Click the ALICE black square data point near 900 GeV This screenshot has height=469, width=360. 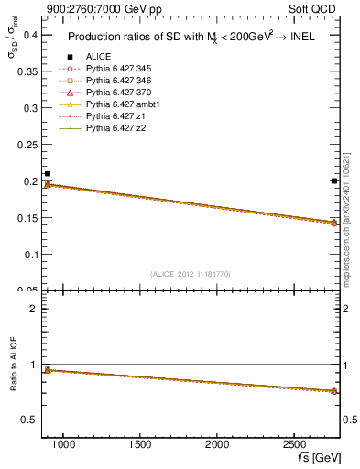click(x=48, y=173)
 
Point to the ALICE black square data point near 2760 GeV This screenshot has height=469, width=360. click(x=333, y=180)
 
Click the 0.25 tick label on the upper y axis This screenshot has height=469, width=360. click(x=27, y=145)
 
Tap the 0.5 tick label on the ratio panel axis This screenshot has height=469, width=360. click(x=28, y=420)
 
